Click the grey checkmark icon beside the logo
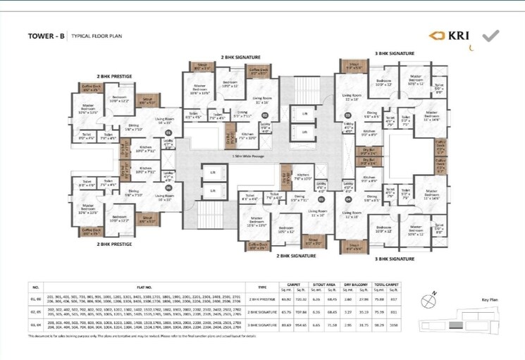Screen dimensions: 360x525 (x=491, y=36)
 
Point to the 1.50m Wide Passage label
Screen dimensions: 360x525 (x=250, y=156)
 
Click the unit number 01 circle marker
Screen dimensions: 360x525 (x=168, y=132)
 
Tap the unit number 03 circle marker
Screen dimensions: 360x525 (x=347, y=114)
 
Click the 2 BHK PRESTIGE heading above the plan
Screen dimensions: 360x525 (x=115, y=75)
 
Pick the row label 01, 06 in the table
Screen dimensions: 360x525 (x=35, y=298)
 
